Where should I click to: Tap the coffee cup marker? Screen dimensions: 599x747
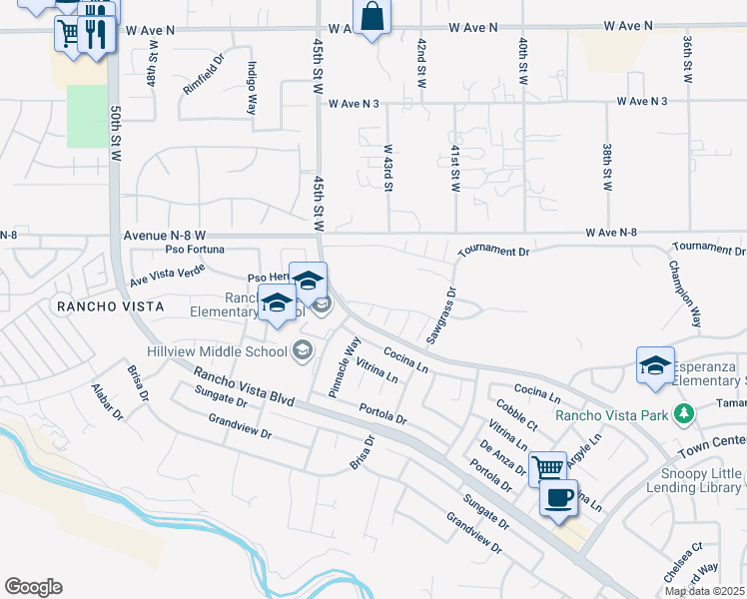[558, 497]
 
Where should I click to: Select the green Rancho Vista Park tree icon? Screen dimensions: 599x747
[683, 413]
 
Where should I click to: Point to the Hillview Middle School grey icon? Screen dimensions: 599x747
[303, 349]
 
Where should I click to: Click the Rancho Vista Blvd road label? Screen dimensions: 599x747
[244, 386]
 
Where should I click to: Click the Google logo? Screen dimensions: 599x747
[33, 586]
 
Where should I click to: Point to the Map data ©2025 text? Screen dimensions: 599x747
[704, 591]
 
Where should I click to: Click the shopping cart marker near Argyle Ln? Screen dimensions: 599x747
[546, 466]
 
